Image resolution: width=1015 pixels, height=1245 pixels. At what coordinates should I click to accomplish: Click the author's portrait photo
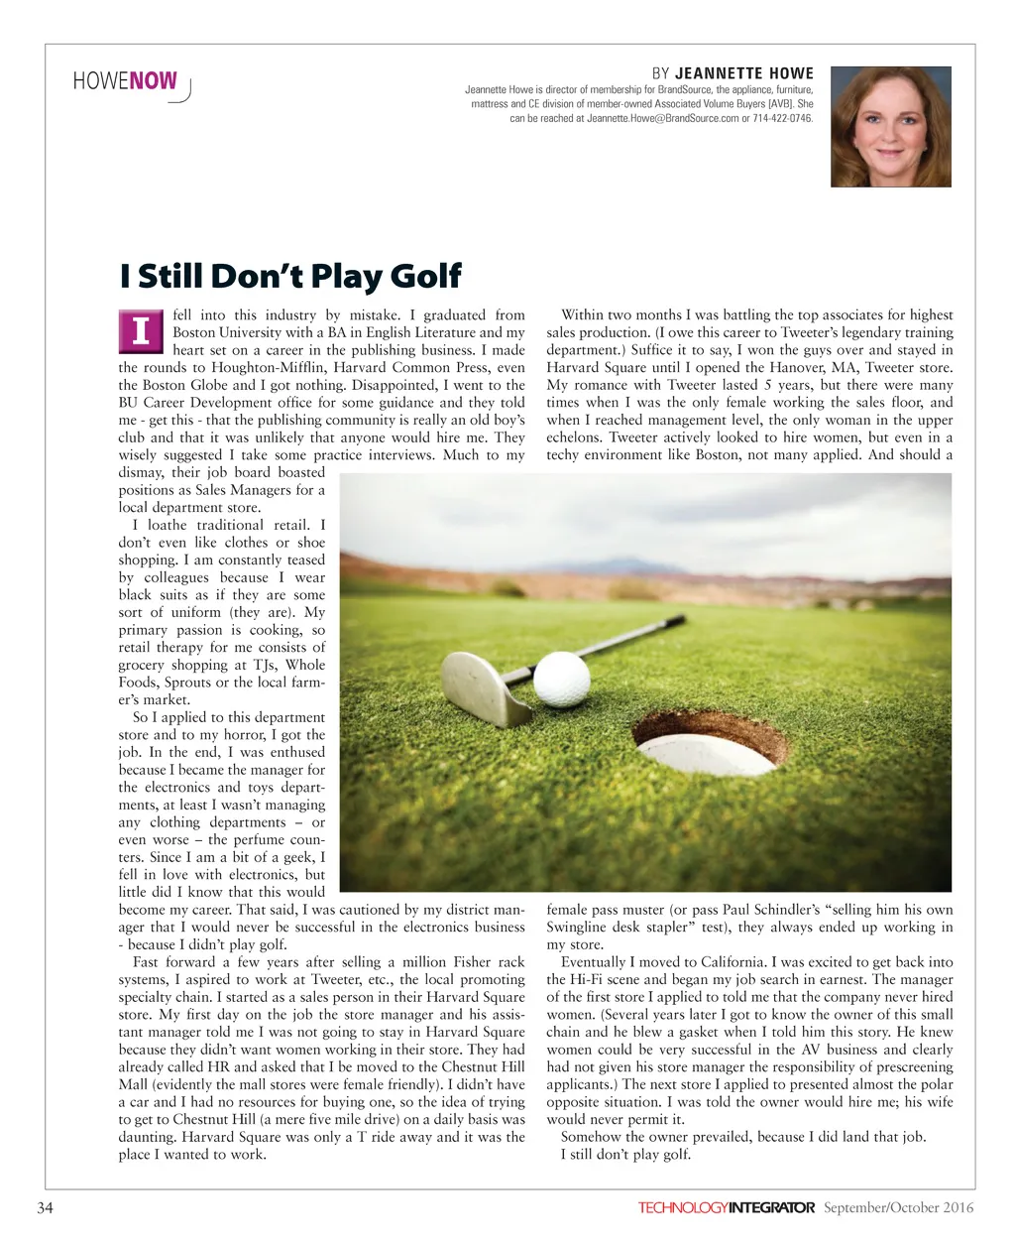pos(890,127)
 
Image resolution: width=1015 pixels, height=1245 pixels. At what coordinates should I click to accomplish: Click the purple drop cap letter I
pos(141,331)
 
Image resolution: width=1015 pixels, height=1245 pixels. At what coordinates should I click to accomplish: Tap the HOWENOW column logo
pos(128,82)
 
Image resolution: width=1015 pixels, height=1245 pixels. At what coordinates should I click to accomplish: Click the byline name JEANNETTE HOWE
pos(743,73)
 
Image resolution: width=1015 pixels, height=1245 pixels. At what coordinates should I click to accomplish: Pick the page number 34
pos(45,1207)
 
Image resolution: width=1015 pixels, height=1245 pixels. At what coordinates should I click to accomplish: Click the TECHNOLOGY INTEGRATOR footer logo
pos(726,1207)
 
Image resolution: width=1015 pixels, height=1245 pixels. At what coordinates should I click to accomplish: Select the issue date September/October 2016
pos(898,1207)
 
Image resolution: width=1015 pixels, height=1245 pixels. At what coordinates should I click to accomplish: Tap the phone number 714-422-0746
pos(782,118)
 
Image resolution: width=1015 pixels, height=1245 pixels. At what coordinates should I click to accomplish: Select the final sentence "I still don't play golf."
pos(625,1154)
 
